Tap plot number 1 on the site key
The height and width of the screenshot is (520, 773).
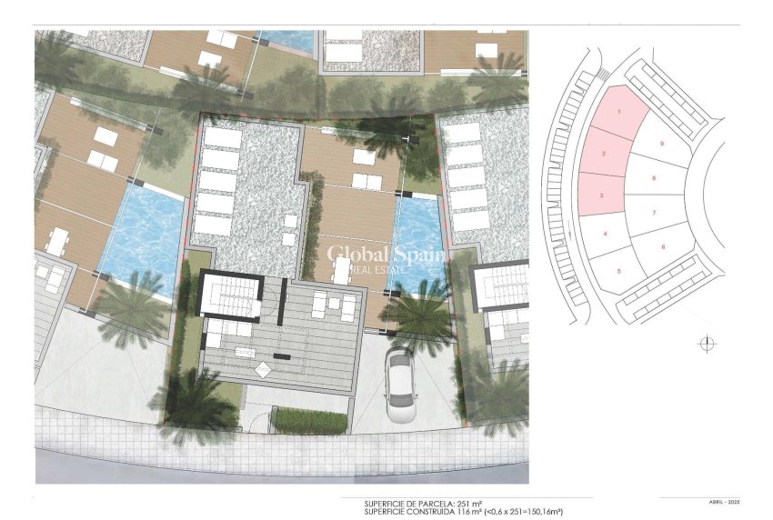[x=619, y=113]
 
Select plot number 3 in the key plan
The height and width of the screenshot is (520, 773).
[x=601, y=195]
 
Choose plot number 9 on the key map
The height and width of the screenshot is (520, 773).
[x=662, y=144]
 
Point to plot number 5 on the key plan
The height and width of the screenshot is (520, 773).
[x=618, y=271]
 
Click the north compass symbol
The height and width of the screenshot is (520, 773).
[x=708, y=344]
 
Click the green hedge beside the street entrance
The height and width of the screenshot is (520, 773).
[x=309, y=421]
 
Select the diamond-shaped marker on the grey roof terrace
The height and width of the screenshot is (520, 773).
[x=262, y=369]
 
